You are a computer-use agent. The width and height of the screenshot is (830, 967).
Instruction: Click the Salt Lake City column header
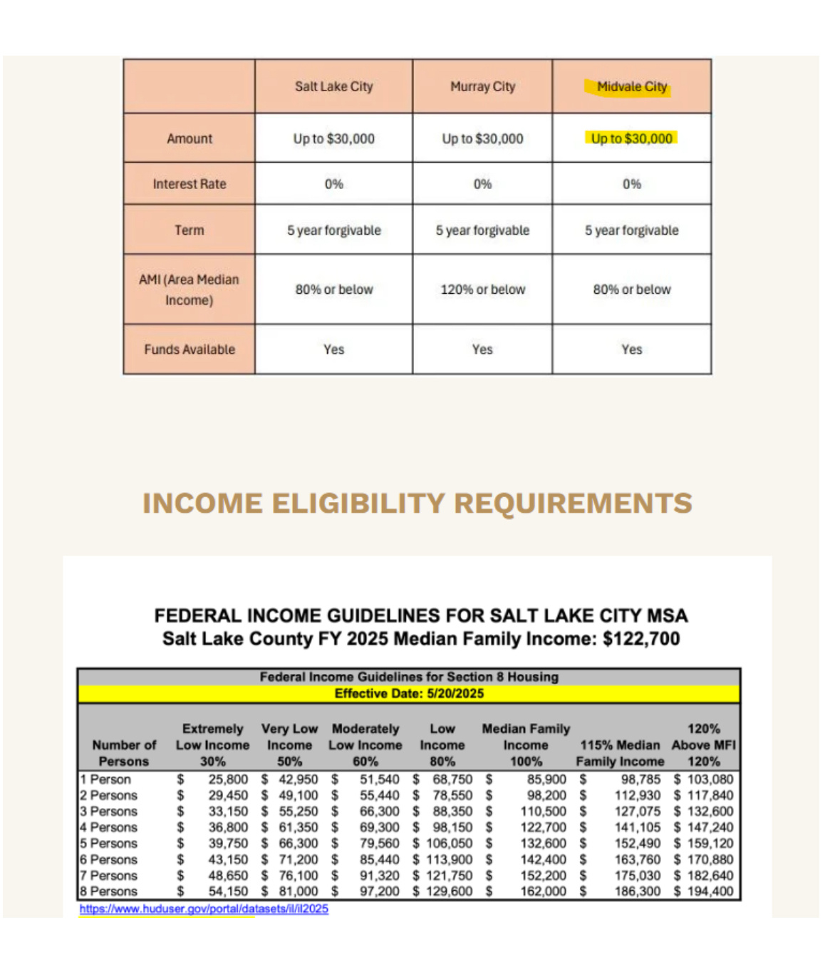[333, 86]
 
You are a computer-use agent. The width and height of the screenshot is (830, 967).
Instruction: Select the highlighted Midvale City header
[631, 87]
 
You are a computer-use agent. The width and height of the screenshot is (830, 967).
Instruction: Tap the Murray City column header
[482, 86]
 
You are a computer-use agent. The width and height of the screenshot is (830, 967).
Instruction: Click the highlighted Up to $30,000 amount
[631, 138]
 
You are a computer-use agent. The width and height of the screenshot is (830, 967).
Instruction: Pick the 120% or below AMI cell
[482, 290]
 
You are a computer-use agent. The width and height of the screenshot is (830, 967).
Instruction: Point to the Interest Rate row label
[189, 184]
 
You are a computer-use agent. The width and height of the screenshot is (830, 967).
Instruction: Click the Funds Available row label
[189, 349]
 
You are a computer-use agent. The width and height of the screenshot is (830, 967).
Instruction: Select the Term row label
[189, 230]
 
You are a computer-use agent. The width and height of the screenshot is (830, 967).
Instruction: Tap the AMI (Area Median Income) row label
[189, 290]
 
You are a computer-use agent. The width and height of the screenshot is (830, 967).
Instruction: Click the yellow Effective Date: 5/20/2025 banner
[409, 693]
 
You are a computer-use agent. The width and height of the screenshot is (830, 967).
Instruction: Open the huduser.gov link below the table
[204, 909]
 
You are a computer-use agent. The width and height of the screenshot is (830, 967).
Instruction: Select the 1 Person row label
[105, 779]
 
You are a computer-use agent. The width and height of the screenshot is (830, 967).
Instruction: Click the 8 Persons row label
[108, 891]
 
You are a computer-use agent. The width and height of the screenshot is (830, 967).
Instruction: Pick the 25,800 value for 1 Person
[227, 779]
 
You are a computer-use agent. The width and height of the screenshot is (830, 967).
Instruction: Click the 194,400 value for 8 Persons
[710, 891]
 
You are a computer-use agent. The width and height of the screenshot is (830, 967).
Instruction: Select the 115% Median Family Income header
[620, 753]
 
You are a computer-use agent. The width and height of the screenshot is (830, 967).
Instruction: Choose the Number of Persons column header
[124, 753]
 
